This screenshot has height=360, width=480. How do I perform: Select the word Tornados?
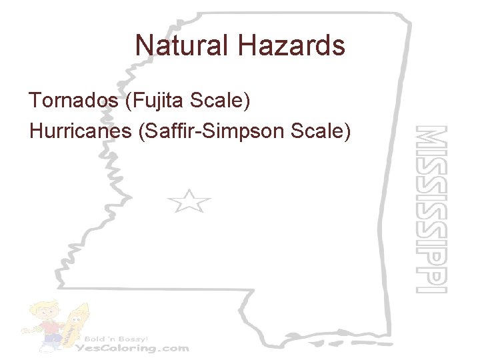(75, 101)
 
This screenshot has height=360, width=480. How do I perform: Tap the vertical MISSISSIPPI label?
(430, 209)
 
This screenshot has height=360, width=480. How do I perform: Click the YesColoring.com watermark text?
(133, 347)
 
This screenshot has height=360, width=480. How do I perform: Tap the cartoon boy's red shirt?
(48, 328)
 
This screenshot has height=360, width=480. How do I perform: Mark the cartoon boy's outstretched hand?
(25, 328)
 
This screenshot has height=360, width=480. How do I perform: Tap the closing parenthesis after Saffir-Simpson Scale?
(346, 132)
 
